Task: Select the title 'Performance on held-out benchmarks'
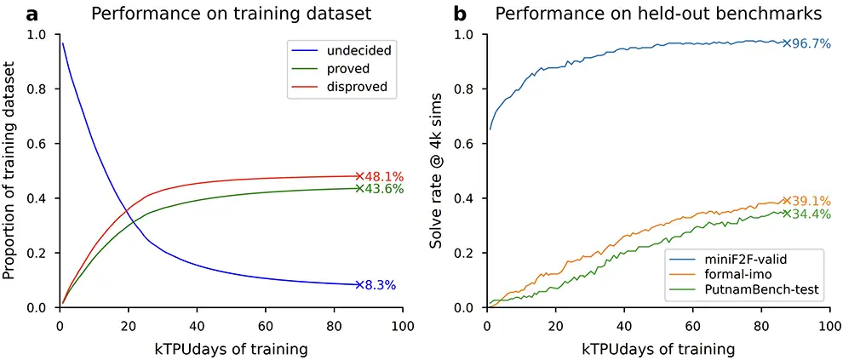pyautogui.click(x=658, y=14)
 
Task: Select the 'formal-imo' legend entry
pyautogui.click(x=734, y=273)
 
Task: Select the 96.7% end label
pyautogui.click(x=811, y=43)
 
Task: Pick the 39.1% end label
pyautogui.click(x=811, y=201)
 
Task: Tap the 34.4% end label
pyautogui.click(x=811, y=214)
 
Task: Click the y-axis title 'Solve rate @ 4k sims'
pyautogui.click(x=436, y=169)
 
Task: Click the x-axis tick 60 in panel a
pyautogui.click(x=266, y=326)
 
